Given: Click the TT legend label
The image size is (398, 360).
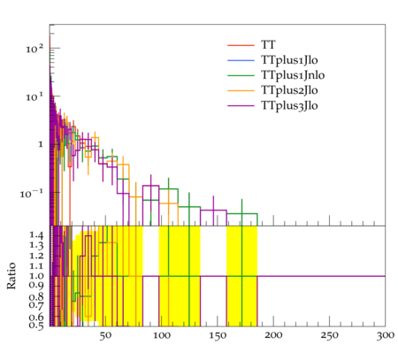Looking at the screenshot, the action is (x=268, y=45).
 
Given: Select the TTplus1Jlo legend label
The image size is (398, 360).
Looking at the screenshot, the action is (x=289, y=60).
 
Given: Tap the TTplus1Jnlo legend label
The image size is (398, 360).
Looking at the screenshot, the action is (x=293, y=75).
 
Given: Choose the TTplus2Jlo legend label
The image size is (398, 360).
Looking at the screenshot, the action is (x=289, y=90).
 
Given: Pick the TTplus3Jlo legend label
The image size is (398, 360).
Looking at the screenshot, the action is (x=289, y=105).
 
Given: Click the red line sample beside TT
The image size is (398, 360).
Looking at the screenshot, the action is (x=241, y=45).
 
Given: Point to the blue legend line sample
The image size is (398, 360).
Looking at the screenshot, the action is (x=241, y=60).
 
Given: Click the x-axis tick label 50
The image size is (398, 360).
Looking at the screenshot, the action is (x=105, y=336).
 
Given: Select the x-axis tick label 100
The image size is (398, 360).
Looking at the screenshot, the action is (x=162, y=336).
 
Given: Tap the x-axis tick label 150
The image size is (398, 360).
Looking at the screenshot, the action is (x=218, y=336).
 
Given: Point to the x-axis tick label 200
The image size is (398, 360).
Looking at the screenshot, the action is (x=273, y=335).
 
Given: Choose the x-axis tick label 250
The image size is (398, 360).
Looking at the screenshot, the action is (x=330, y=336).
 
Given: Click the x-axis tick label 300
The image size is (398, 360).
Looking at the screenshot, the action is (x=386, y=336).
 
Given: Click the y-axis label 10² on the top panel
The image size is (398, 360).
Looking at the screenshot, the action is (x=34, y=49).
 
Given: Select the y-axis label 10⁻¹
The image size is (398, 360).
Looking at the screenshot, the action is (x=32, y=194).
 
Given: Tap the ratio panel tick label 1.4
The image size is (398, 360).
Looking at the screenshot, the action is (x=36, y=235).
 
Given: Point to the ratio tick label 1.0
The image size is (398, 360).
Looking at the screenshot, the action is (x=36, y=276).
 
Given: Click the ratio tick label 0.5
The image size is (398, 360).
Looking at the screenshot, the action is (x=36, y=326).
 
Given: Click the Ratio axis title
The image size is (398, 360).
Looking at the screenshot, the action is (x=11, y=276).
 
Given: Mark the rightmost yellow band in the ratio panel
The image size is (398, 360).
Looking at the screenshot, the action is (x=241, y=276).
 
